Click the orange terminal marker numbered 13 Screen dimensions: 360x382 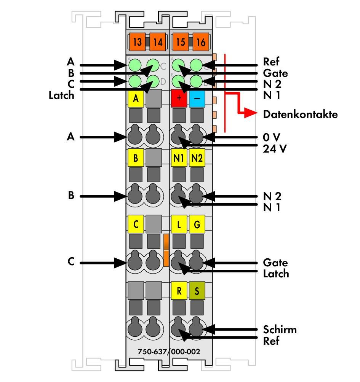pyautogui.click(x=137, y=41)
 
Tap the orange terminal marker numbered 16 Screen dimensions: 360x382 pyautogui.click(x=201, y=41)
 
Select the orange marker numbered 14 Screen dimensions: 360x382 pyautogui.click(x=158, y=41)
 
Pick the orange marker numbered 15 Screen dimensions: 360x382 pyautogui.click(x=181, y=41)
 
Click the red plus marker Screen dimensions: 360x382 pyautogui.click(x=179, y=98)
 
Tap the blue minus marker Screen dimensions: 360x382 pyautogui.click(x=197, y=98)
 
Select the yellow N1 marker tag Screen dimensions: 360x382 pyautogui.click(x=179, y=158)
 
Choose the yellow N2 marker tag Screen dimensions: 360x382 pyautogui.click(x=197, y=158)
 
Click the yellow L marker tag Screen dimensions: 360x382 pyautogui.click(x=179, y=224)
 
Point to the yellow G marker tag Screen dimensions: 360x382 pyautogui.click(x=197, y=224)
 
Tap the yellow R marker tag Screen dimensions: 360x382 pyautogui.click(x=179, y=291)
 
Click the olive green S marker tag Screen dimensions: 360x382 pyautogui.click(x=197, y=291)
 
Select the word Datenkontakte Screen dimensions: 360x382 pyautogui.click(x=300, y=114)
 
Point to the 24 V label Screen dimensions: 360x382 pyautogui.click(x=275, y=149)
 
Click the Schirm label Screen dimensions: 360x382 pyautogui.click(x=280, y=329)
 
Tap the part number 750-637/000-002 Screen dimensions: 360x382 pyautogui.click(x=169, y=352)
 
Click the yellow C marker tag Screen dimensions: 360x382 pyautogui.click(x=136, y=224)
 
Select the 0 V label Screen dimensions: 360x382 pyautogui.click(x=272, y=137)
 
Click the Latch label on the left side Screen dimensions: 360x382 pyautogui.click(x=61, y=95)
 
